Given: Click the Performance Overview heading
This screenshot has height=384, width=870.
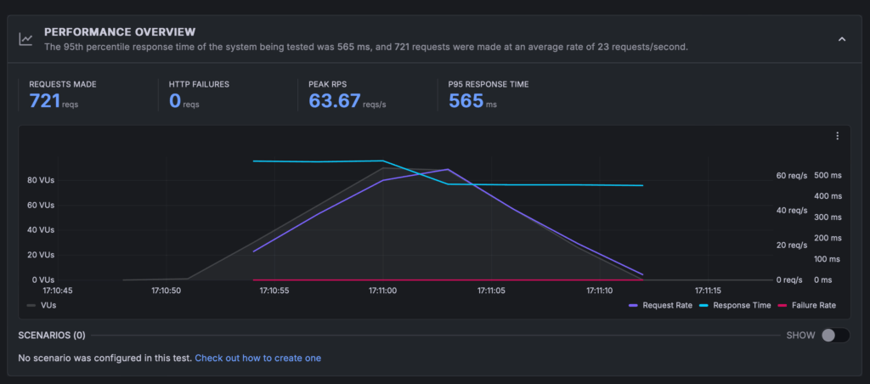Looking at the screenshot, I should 119,31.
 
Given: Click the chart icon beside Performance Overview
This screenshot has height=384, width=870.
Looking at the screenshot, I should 27,39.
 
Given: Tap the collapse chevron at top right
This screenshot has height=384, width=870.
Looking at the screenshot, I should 841,39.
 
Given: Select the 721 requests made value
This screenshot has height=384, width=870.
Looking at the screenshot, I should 44,101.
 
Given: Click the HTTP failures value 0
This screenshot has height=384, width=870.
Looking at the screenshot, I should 176,101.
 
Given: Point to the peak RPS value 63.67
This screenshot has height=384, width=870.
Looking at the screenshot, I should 334,101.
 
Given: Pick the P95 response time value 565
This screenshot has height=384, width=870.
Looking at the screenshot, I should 466,101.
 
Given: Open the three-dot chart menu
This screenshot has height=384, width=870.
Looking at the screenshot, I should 837,136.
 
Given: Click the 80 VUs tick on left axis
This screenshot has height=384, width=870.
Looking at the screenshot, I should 41,181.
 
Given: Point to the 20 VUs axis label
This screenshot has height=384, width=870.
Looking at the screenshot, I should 41,255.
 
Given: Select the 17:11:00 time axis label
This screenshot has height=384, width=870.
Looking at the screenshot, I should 383,291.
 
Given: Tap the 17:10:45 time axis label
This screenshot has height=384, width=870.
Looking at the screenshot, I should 57,291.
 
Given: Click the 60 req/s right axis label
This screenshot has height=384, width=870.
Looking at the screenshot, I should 791,176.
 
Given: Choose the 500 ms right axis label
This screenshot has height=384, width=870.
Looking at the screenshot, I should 828,176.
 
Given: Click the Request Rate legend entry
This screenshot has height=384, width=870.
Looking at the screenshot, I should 660,305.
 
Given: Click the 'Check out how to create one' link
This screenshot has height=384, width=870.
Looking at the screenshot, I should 257,359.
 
